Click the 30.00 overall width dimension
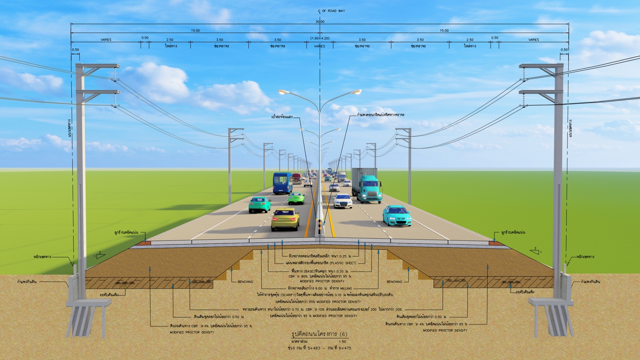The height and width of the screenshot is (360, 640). (320, 22)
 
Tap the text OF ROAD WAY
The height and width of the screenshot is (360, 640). (333, 11)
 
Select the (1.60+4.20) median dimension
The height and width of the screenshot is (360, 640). (320, 38)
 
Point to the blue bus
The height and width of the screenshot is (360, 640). (282, 183)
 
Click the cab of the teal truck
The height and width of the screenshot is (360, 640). (370, 189)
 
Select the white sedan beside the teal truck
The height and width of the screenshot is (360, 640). (342, 201)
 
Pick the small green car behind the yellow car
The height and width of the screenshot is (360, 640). (296, 198)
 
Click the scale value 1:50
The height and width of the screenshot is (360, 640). (342, 342)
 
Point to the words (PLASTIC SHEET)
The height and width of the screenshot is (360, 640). (343, 263)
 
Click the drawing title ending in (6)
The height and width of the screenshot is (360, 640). (319, 334)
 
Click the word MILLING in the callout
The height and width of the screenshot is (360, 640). (346, 288)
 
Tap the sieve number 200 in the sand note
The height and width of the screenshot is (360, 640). (373, 309)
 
